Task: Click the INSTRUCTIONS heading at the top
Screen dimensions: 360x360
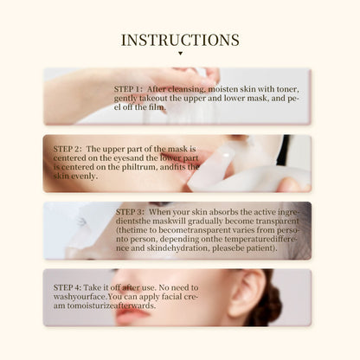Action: click(x=180, y=40)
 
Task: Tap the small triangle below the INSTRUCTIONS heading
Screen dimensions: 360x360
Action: click(x=180, y=54)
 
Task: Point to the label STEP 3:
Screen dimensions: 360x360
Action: click(x=130, y=210)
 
